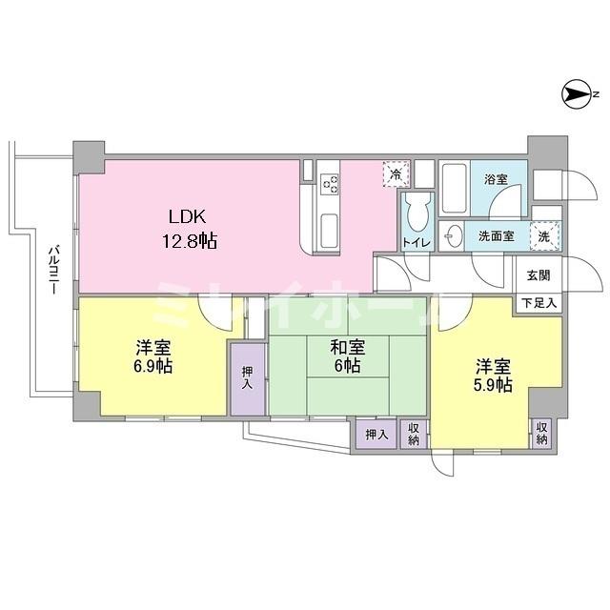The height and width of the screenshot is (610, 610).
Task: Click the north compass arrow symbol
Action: click(x=579, y=93)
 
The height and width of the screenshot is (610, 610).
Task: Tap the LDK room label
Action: click(x=188, y=216)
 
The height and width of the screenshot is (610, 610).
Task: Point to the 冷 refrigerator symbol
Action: click(x=394, y=173)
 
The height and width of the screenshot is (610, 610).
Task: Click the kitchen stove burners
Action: click(x=330, y=181)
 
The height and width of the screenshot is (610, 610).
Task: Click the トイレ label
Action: click(x=417, y=243)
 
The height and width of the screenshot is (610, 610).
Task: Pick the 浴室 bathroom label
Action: click(x=496, y=179)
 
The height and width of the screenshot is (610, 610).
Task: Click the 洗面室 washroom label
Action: click(x=495, y=234)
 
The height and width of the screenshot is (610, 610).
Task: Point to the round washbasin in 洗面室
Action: click(x=453, y=235)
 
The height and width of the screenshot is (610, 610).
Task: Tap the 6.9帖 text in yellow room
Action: click(x=152, y=366)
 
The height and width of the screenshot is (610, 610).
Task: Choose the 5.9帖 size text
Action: click(x=495, y=385)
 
